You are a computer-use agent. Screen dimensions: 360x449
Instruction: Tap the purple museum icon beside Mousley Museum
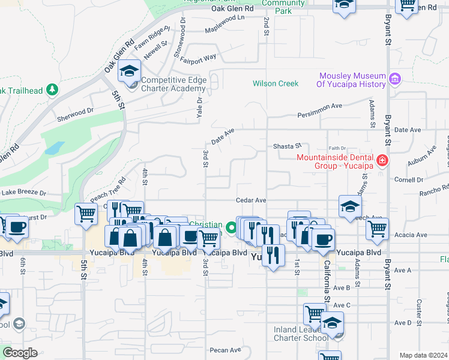pyautogui.click(x=394, y=79)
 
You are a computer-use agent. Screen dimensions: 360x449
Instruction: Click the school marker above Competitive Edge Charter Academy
pyautogui.click(x=129, y=71)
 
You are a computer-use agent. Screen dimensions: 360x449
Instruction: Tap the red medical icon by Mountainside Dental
pyautogui.click(x=381, y=161)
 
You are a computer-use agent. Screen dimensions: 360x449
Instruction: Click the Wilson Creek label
pyautogui.click(x=276, y=83)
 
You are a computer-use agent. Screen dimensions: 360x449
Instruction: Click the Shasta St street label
pyautogui.click(x=287, y=146)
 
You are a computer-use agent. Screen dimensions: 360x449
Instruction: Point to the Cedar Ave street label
pyautogui.click(x=251, y=200)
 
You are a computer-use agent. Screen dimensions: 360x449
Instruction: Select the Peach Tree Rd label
pyautogui.click(x=108, y=188)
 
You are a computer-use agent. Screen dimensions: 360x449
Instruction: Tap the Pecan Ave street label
pyautogui.click(x=226, y=350)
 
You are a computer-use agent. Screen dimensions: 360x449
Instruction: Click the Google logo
pyautogui.click(x=20, y=353)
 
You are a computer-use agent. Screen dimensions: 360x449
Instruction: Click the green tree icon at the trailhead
pyautogui.click(x=53, y=90)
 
